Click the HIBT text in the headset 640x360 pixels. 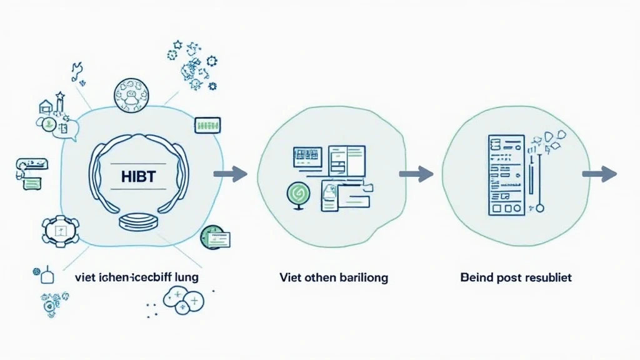[x=138, y=176]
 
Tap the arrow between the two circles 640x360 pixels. [x=416, y=174]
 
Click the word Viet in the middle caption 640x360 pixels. [x=291, y=277]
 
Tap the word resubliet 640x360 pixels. [x=547, y=277]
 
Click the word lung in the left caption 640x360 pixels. [x=187, y=277]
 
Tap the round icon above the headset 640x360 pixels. [x=131, y=95]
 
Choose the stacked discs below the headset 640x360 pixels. [x=139, y=222]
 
